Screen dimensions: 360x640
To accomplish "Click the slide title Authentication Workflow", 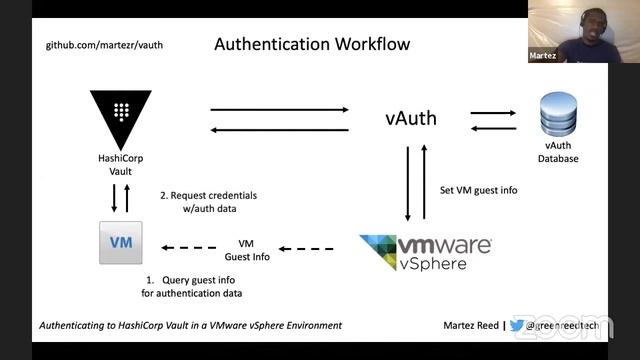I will (313, 45).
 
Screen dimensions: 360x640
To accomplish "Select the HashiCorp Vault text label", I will (120, 164).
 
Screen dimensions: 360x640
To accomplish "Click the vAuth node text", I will (411, 119).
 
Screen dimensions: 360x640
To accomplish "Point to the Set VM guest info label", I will (479, 190).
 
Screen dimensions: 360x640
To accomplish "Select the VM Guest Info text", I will (246, 249).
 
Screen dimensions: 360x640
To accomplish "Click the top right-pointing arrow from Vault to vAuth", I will (279, 109).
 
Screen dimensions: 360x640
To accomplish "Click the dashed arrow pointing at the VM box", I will (189, 249).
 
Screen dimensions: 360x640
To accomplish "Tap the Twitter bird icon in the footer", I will (517, 325).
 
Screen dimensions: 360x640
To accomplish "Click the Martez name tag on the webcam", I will (542, 56).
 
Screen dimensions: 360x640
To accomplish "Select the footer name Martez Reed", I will (470, 325).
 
